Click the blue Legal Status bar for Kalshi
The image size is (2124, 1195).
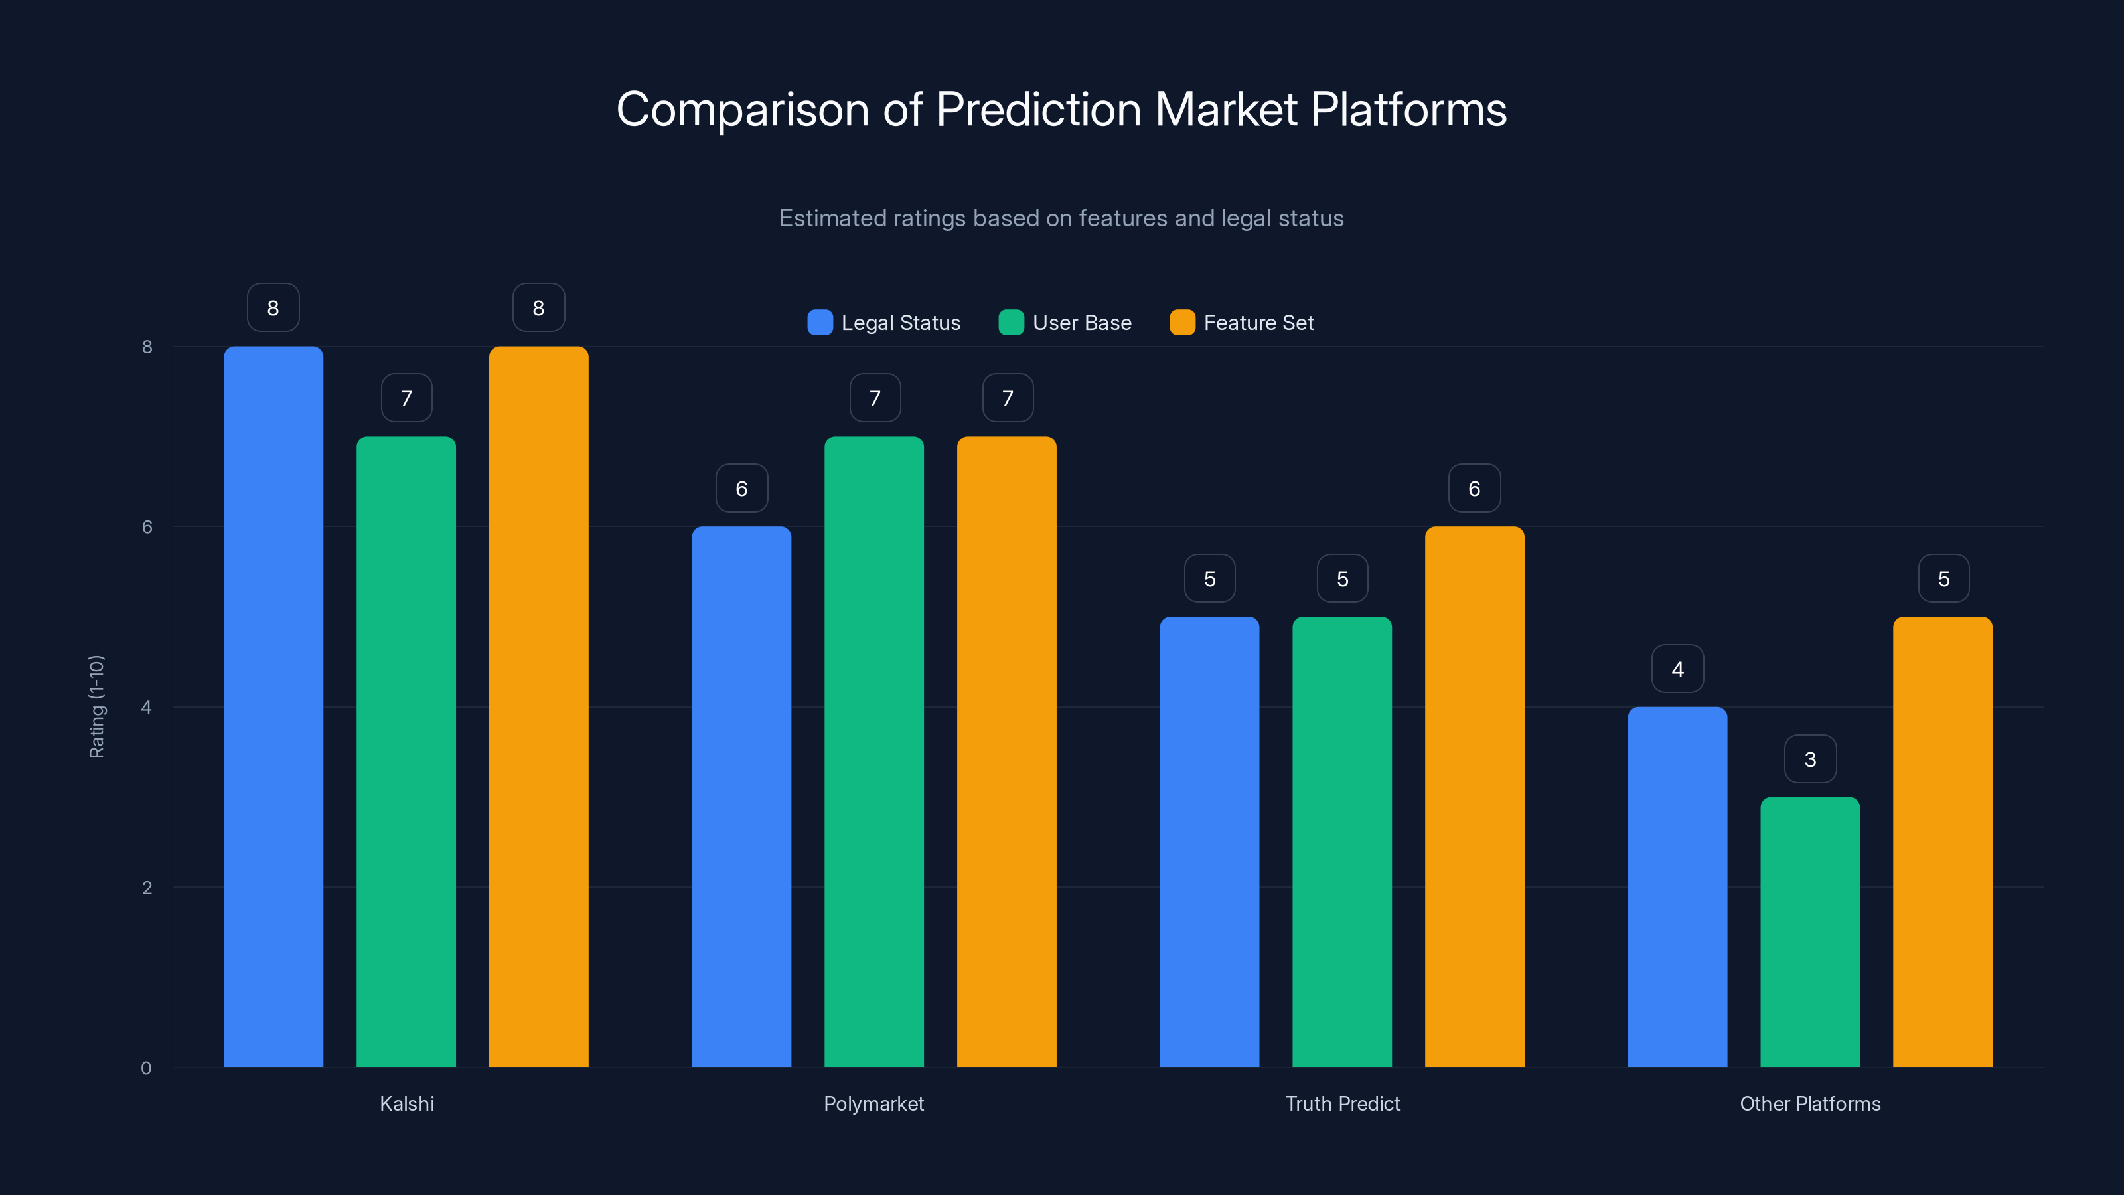pyautogui.click(x=273, y=706)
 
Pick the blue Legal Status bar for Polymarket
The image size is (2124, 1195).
pyautogui.click(x=741, y=797)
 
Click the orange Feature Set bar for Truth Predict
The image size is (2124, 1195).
pyautogui.click(x=1474, y=797)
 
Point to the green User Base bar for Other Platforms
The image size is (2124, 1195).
pyautogui.click(x=1810, y=932)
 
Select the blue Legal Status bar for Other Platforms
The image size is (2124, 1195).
pyautogui.click(x=1677, y=886)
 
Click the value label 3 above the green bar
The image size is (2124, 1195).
pyautogui.click(x=1810, y=759)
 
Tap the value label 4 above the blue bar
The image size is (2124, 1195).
pyautogui.click(x=1677, y=669)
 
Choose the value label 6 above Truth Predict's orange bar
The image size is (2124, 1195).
pyautogui.click(x=1474, y=488)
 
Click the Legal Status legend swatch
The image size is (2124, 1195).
pyautogui.click(x=820, y=323)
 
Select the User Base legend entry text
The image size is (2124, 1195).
pyautogui.click(x=1082, y=323)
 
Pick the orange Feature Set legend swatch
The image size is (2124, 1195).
pyautogui.click(x=1182, y=323)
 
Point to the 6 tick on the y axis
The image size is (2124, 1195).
pyautogui.click(x=147, y=527)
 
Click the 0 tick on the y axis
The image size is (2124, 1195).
pyautogui.click(x=146, y=1068)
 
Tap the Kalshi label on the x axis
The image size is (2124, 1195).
pyautogui.click(x=406, y=1103)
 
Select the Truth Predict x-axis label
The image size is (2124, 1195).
pyautogui.click(x=1342, y=1103)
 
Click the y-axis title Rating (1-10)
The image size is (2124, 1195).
pyautogui.click(x=96, y=706)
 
